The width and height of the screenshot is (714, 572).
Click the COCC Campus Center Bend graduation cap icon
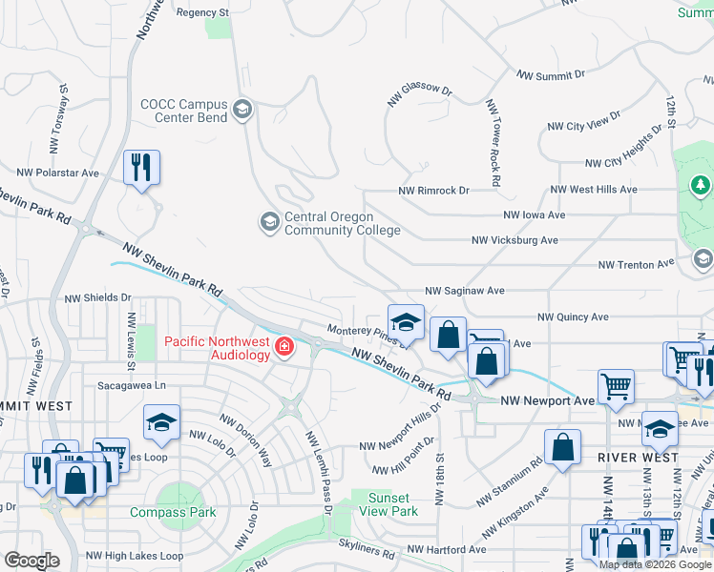point(242,110)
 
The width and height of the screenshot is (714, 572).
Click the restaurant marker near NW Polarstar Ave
point(141,168)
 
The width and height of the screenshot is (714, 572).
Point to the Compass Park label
point(173,512)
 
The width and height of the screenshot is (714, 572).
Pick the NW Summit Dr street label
point(550,75)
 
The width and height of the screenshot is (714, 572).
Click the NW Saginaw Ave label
point(465,290)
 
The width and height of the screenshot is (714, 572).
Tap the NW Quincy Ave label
point(573,317)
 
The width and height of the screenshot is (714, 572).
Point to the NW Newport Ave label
point(548,401)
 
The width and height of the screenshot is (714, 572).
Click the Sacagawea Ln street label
point(132,385)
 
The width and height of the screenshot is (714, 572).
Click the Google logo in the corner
point(31,561)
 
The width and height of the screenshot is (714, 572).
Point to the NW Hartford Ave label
point(447,549)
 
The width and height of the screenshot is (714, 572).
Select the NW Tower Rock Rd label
point(493,143)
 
